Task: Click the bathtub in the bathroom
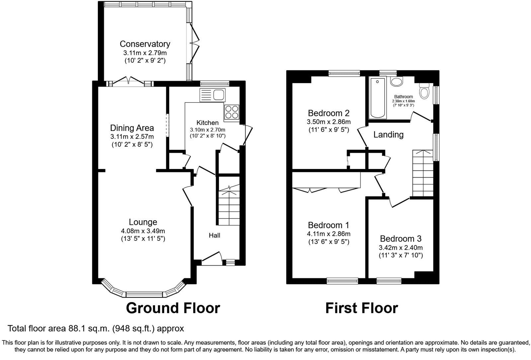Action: pyautogui.click(x=378, y=98)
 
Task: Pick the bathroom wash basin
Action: pyautogui.click(x=396, y=81)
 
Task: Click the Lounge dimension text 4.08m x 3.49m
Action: pyautogui.click(x=143, y=231)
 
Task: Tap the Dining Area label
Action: pyautogui.click(x=132, y=128)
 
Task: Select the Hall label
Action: pyautogui.click(x=214, y=235)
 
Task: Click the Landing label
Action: pyautogui.click(x=388, y=135)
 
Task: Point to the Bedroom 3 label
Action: pyautogui.click(x=401, y=238)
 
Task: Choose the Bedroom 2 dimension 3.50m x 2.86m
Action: pyautogui.click(x=329, y=122)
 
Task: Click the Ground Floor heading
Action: pyautogui.click(x=173, y=308)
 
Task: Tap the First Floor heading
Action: pyautogui.click(x=361, y=308)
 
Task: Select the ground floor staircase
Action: pyautogui.click(x=229, y=206)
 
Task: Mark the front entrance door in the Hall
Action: pyautogui.click(x=212, y=259)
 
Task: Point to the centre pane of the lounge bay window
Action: pyautogui.click(x=144, y=294)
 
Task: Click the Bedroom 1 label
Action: pyautogui.click(x=329, y=225)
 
